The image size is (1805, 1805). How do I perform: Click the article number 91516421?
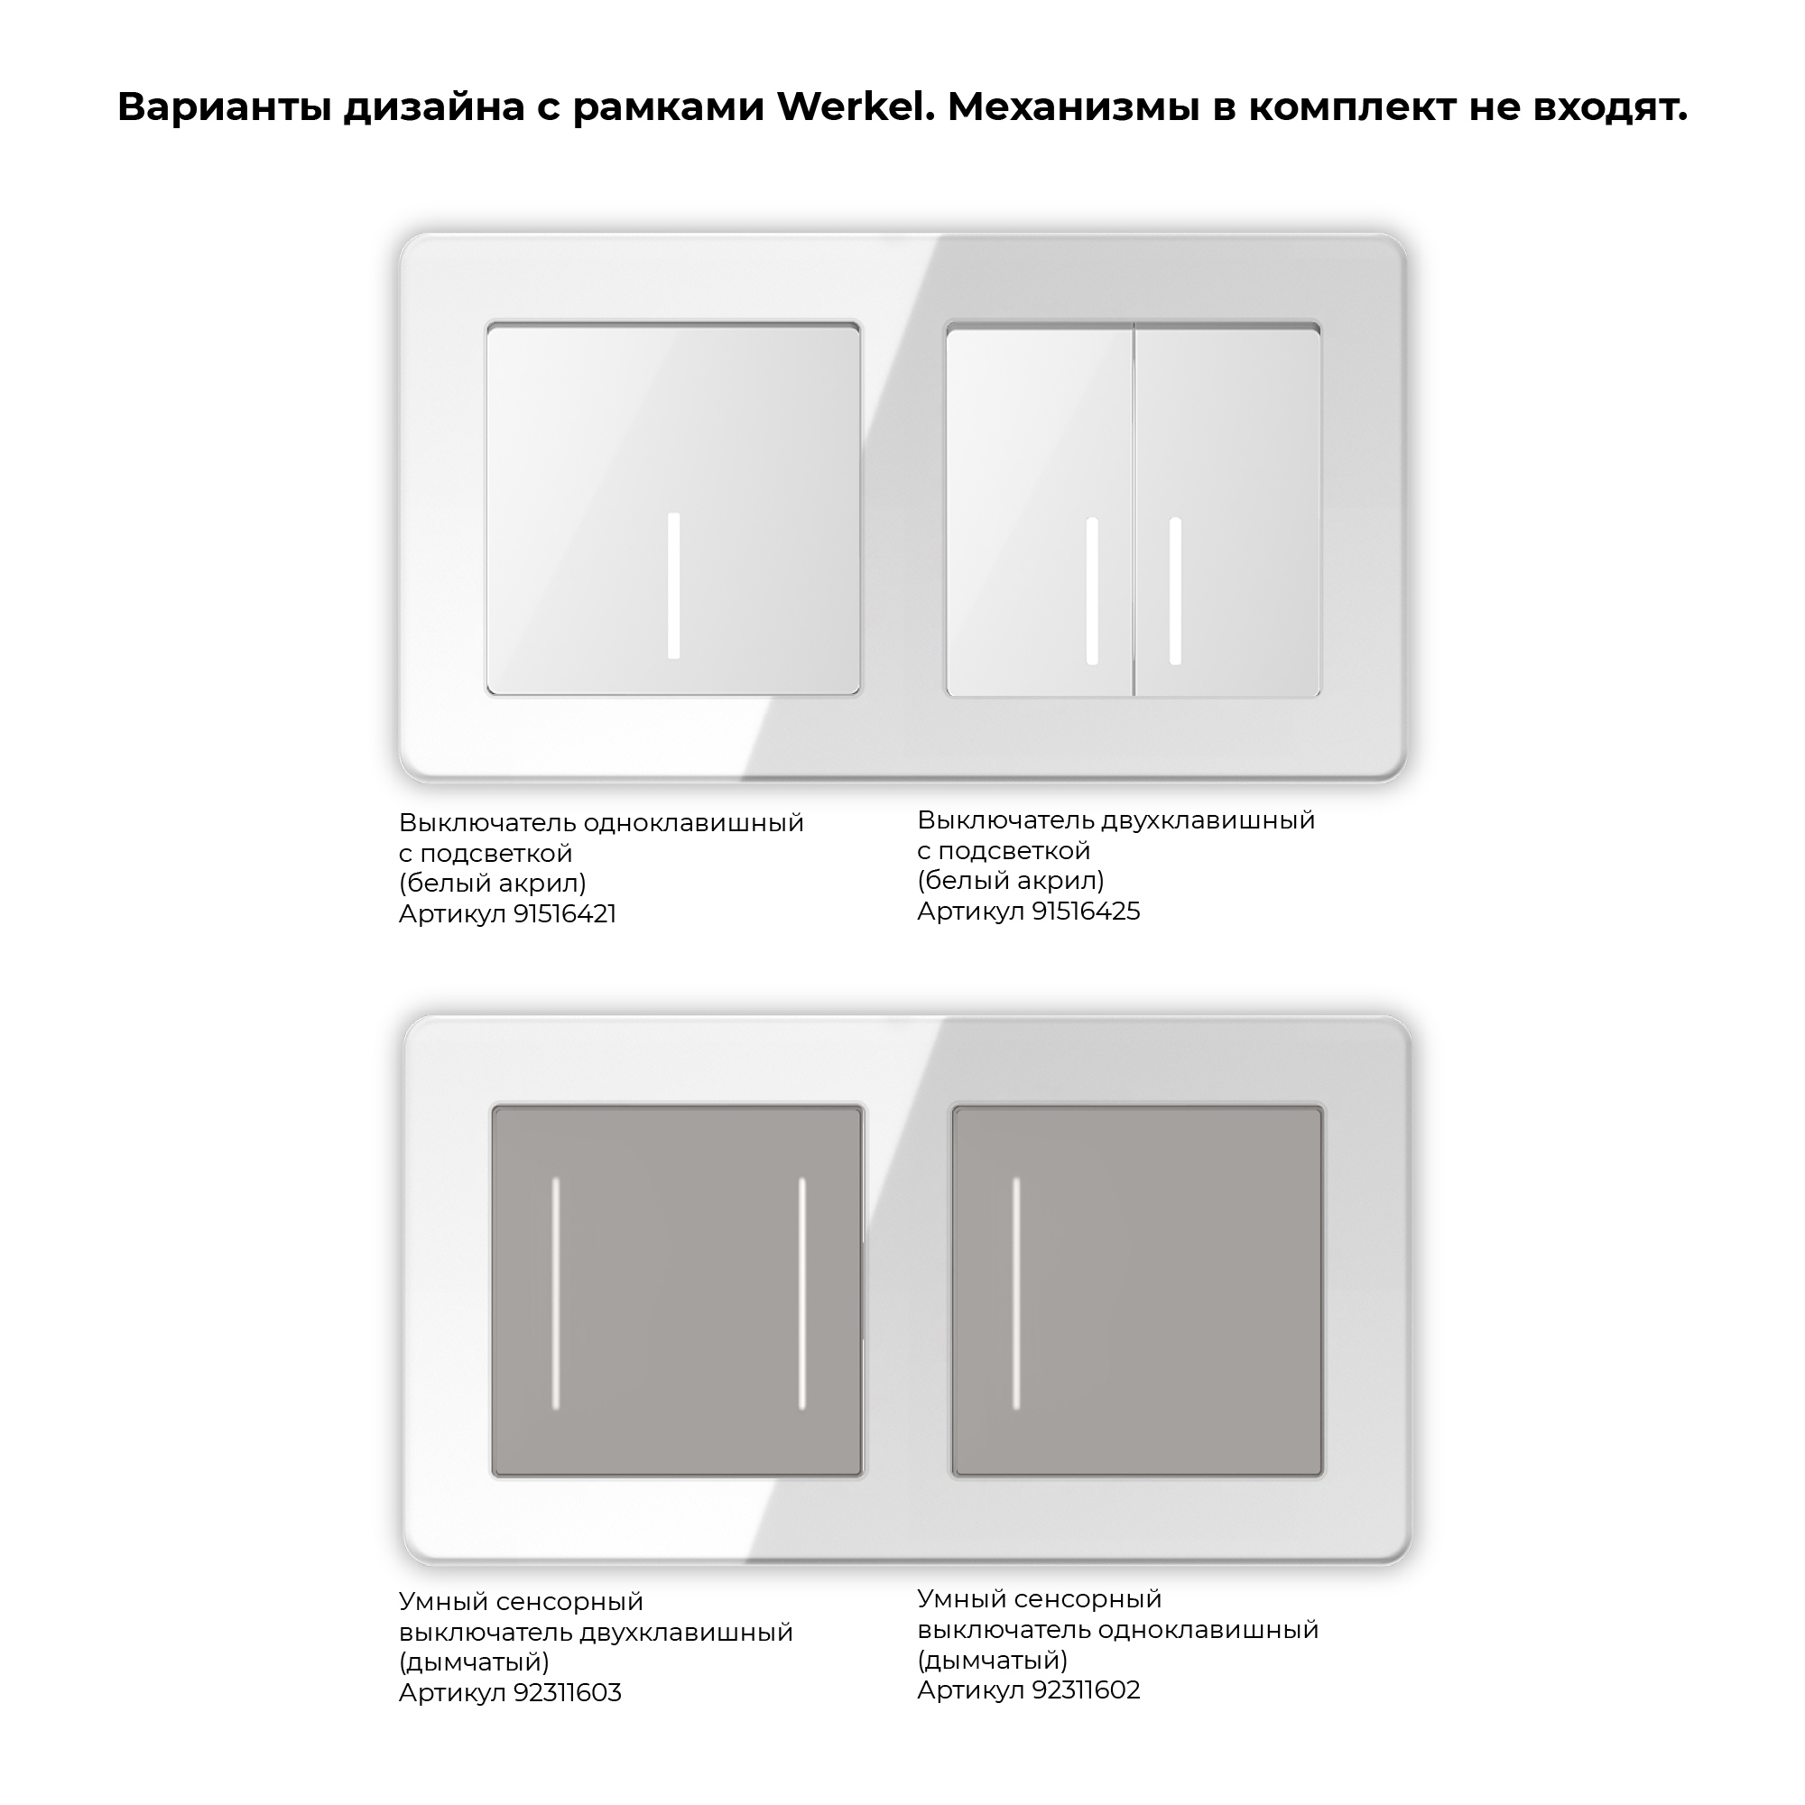[x=564, y=913]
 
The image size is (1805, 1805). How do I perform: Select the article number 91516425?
[x=1086, y=911]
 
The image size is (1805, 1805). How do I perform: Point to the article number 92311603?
[x=567, y=1693]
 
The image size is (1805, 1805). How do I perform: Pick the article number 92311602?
[x=1086, y=1690]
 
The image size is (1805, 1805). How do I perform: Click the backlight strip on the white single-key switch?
[x=673, y=586]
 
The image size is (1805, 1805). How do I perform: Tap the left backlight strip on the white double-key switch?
[x=1092, y=590]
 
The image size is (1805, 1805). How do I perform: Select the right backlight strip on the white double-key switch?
[x=1175, y=590]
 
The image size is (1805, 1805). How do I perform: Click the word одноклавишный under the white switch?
[x=693, y=823]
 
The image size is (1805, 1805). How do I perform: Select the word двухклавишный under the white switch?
[x=1208, y=820]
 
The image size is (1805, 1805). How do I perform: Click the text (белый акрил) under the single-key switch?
[x=493, y=883]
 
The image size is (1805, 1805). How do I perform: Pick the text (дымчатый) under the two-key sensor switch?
[x=474, y=1662]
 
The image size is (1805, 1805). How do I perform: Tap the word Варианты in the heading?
[x=223, y=107]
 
